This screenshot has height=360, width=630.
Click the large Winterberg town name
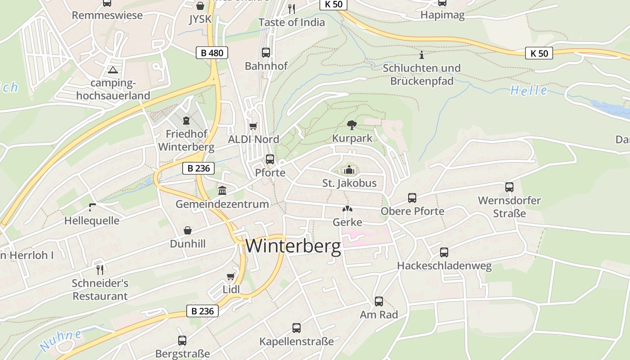(x=293, y=247)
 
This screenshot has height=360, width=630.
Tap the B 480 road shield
(x=212, y=53)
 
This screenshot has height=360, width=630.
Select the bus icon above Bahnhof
(x=266, y=52)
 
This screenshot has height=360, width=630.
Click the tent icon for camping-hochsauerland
(x=112, y=70)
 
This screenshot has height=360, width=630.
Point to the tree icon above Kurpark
(x=351, y=125)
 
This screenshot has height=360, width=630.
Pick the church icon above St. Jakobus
(x=349, y=170)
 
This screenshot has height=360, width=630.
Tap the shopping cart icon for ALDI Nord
(x=253, y=126)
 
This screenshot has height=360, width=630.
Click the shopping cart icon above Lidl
(x=231, y=276)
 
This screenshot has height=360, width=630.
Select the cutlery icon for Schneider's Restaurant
(x=100, y=270)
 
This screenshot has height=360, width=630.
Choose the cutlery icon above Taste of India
(x=292, y=8)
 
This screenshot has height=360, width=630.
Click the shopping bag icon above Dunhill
(x=188, y=230)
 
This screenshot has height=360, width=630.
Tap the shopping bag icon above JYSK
(x=200, y=6)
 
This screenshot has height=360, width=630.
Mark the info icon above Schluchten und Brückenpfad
(x=422, y=55)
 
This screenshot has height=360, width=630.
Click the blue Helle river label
(x=529, y=90)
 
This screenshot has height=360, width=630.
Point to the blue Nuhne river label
(x=61, y=340)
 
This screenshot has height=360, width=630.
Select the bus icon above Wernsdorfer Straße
(x=509, y=187)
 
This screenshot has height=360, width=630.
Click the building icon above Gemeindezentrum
(x=222, y=190)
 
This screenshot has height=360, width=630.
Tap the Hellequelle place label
(x=92, y=220)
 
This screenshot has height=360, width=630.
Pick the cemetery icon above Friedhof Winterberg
(x=186, y=120)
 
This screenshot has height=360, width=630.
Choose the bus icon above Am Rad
(x=379, y=301)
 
